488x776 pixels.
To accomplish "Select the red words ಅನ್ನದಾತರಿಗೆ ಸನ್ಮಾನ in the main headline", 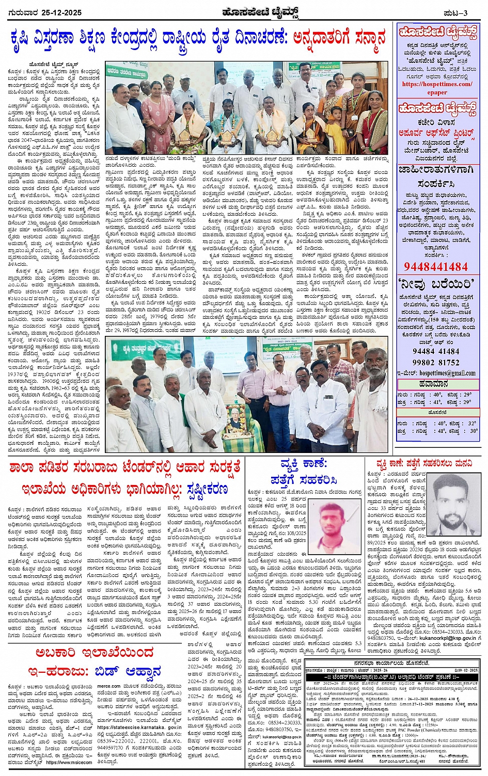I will click(339, 39).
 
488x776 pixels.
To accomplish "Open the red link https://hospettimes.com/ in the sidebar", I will click(437, 84).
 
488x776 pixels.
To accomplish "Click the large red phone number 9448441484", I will click(436, 266).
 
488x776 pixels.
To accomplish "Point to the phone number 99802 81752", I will click(436, 363).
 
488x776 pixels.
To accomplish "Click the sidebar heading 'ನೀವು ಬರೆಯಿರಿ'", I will click(437, 284).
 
